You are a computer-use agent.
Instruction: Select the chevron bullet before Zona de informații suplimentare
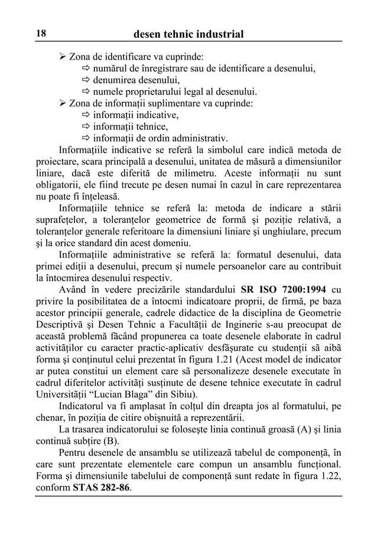(x=63, y=103)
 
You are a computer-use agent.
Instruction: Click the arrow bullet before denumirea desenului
(x=85, y=81)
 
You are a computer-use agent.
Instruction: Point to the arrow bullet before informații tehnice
(x=85, y=126)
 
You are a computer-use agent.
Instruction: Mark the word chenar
(x=49, y=419)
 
